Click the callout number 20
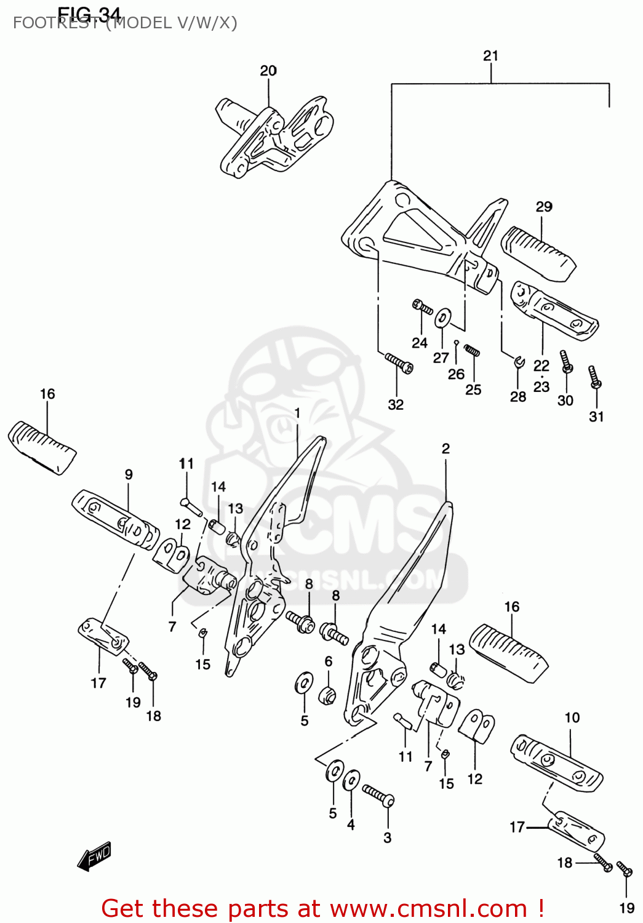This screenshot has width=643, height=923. pyautogui.click(x=268, y=71)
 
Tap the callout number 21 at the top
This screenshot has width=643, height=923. pyautogui.click(x=490, y=56)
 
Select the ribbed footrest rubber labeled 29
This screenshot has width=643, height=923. pyautogui.click(x=538, y=253)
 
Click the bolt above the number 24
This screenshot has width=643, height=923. pyautogui.click(x=423, y=306)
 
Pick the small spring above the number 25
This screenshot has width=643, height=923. pyautogui.click(x=472, y=351)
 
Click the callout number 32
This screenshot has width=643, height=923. pyautogui.click(x=396, y=404)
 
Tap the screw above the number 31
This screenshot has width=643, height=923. pyautogui.click(x=594, y=377)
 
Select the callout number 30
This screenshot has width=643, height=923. pyautogui.click(x=565, y=401)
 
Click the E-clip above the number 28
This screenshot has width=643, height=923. pyautogui.click(x=519, y=361)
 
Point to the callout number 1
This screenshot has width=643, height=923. pyautogui.click(x=297, y=413)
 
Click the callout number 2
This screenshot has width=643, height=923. pyautogui.click(x=445, y=449)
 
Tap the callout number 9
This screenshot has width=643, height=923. pyautogui.click(x=129, y=474)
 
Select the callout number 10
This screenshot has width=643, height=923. pyautogui.click(x=572, y=717)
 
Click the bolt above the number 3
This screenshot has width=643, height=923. pyautogui.click(x=378, y=796)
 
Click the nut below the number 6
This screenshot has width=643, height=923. pyautogui.click(x=328, y=697)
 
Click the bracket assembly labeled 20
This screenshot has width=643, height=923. pyautogui.click(x=274, y=138)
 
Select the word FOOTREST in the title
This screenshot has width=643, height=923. pyautogui.click(x=55, y=23)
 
